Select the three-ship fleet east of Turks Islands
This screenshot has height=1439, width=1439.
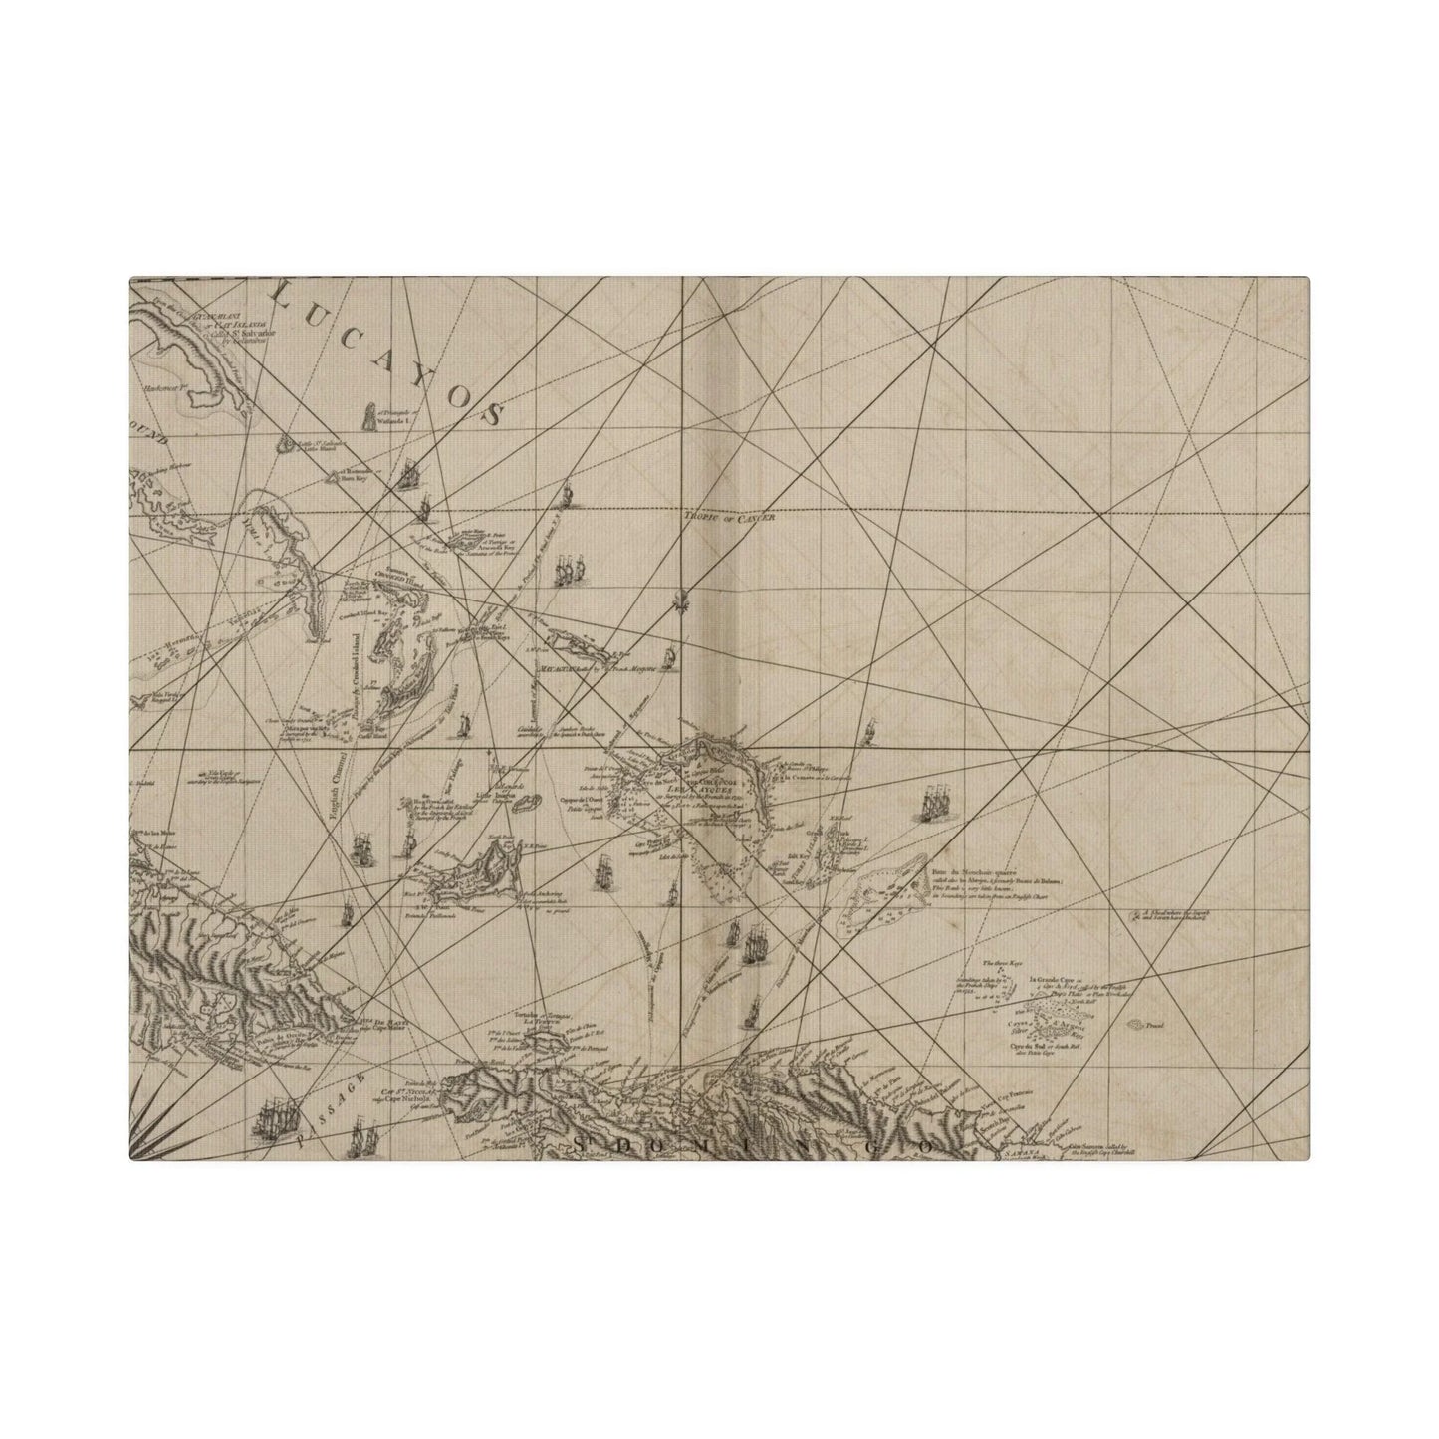pyautogui.click(x=935, y=803)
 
